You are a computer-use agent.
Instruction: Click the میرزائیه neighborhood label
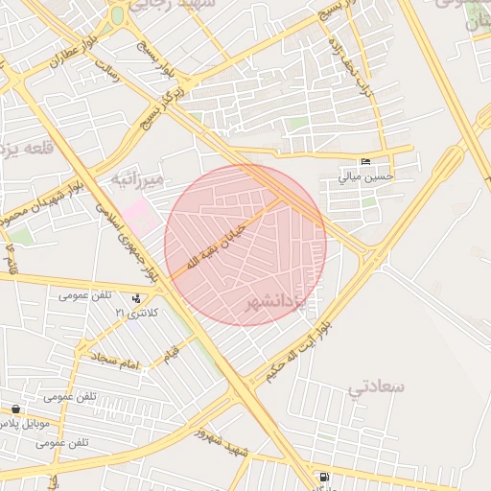tap(138, 179)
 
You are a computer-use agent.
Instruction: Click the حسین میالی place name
tap(363, 177)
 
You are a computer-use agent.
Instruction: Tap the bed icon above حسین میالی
tap(363, 162)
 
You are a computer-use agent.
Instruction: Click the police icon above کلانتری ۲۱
tap(136, 298)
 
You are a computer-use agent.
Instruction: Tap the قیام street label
tap(173, 350)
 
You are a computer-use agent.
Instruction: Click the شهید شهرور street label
tap(222, 442)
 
